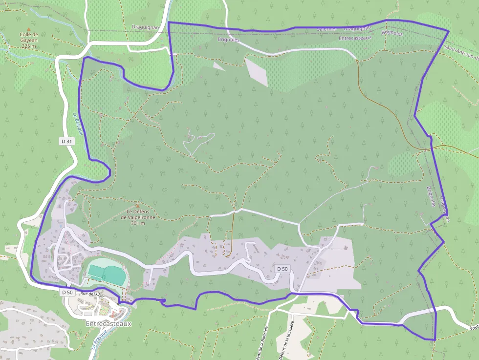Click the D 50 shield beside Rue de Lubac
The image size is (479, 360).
pos(67,292)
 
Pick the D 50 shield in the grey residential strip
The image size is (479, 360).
pos(283,269)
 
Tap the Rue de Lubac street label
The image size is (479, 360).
pos(93,294)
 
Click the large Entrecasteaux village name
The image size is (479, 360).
pos(109,323)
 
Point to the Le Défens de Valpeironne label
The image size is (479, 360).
pos(137,214)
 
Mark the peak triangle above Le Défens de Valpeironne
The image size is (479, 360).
pos(137,206)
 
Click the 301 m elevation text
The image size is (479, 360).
pos(137,223)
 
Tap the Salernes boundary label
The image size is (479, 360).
pos(327,29)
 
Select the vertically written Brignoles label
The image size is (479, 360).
pos(430,196)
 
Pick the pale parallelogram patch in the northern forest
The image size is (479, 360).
pos(257,73)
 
